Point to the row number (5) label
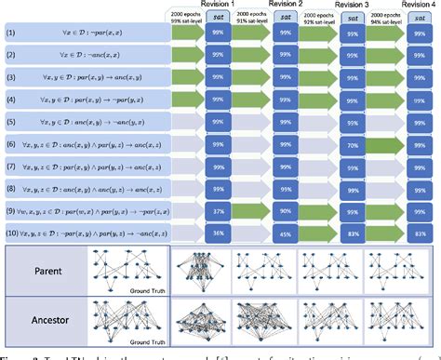click(x=11, y=125)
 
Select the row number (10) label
click(x=12, y=233)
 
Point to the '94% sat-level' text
click(x=384, y=23)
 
